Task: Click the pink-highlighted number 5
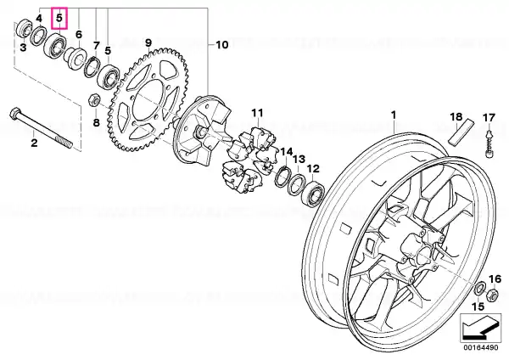point(59,18)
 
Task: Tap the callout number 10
point(222,44)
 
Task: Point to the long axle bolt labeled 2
point(42,127)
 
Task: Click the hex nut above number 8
point(94,99)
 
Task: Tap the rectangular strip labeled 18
point(461,132)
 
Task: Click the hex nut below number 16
point(491,295)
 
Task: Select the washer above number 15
point(480,290)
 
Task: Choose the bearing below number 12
point(313,193)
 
